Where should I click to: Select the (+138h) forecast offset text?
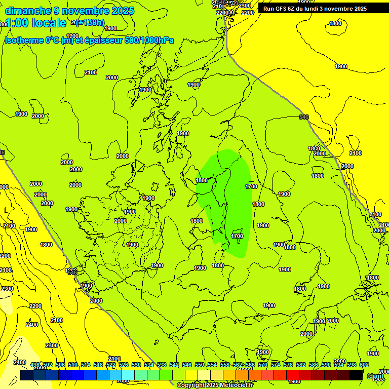click(90, 22)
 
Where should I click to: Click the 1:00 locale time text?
click(35, 23)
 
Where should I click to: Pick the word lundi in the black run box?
click(320, 9)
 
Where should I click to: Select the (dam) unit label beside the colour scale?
click(375, 376)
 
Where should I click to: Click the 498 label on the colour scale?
click(35, 365)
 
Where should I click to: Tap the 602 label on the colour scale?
click(364, 365)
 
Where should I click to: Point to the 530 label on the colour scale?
click(136, 365)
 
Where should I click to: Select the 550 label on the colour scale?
click(200, 365)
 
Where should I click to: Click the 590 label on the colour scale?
click(326, 365)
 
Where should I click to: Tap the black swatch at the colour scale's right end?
click(356, 375)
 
